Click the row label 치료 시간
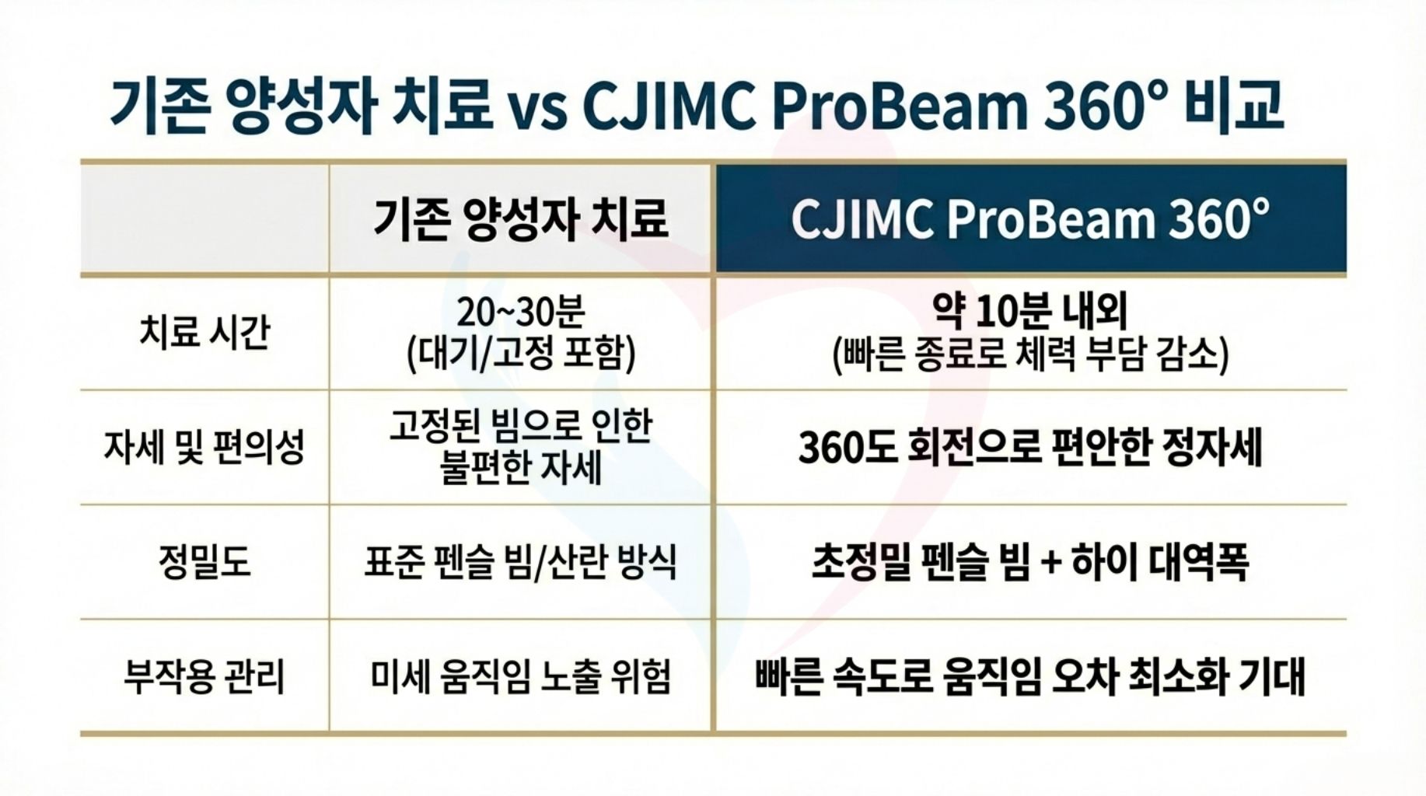point(204,332)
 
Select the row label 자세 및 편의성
point(204,447)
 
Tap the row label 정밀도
point(204,561)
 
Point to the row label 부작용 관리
point(204,676)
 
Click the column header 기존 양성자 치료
point(520,218)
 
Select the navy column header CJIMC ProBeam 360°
point(1030,218)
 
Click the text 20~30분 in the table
point(520,312)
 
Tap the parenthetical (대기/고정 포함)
point(520,353)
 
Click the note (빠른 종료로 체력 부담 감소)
point(1030,354)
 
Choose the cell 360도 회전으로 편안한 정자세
point(1030,447)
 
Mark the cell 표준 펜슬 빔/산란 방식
point(520,561)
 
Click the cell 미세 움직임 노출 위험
point(520,676)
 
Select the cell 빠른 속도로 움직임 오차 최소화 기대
point(1030,676)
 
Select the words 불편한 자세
point(520,467)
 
